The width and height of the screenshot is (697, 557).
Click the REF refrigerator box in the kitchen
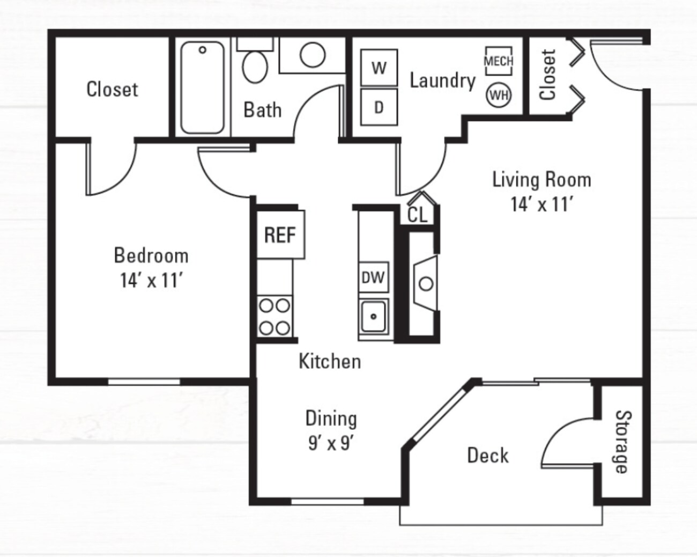tap(280, 234)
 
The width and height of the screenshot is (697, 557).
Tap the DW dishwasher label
tap(373, 277)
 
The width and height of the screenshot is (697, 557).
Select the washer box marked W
tap(379, 68)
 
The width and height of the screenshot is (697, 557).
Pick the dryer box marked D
tap(379, 107)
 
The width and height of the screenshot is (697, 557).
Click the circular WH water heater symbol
tap(499, 96)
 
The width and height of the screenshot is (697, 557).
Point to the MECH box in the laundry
tap(499, 61)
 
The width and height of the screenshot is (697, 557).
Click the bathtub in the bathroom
tap(202, 87)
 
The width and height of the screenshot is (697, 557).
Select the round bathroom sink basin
tap(312, 55)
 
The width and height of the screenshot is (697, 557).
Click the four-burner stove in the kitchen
tap(275, 317)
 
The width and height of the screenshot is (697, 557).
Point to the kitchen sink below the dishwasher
tap(373, 317)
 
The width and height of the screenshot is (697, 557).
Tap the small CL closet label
tap(418, 215)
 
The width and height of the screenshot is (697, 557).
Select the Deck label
tap(488, 456)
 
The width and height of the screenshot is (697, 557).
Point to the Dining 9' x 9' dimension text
tap(330, 443)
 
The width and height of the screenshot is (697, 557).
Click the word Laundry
tap(442, 80)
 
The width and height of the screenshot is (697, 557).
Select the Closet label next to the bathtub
tap(112, 89)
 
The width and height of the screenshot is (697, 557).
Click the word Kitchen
tap(330, 361)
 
